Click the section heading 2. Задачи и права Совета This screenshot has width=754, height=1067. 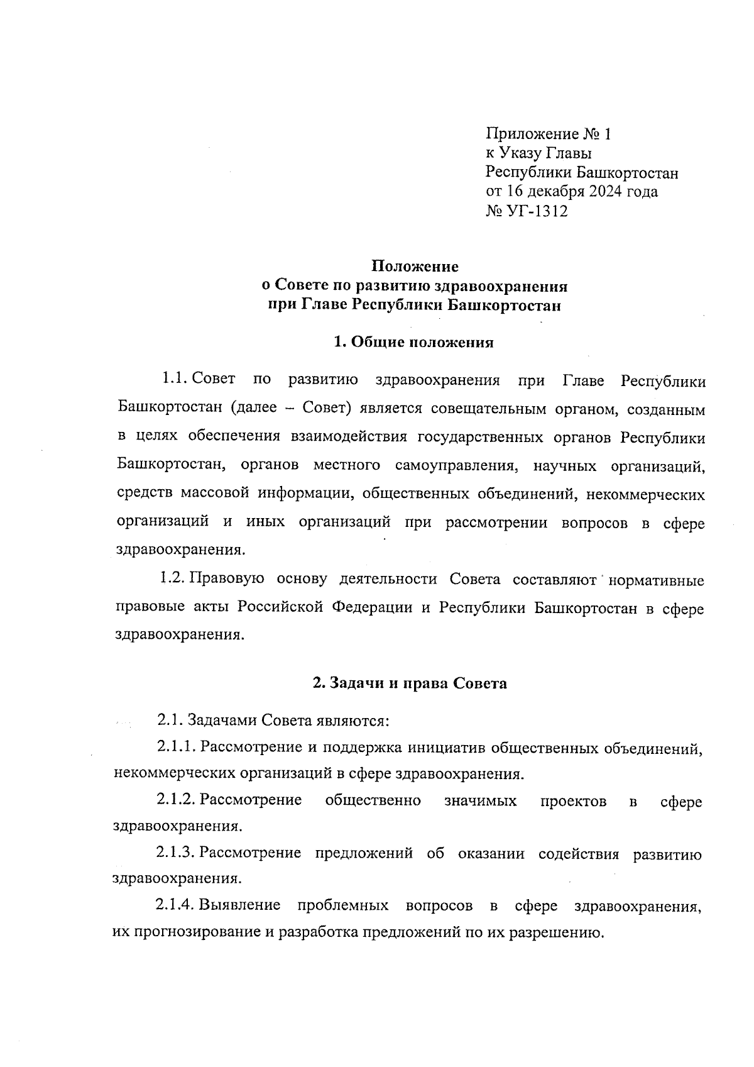click(410, 683)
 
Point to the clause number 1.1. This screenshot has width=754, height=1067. click(173, 379)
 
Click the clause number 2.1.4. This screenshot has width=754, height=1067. click(177, 907)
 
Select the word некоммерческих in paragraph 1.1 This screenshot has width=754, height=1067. click(645, 495)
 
